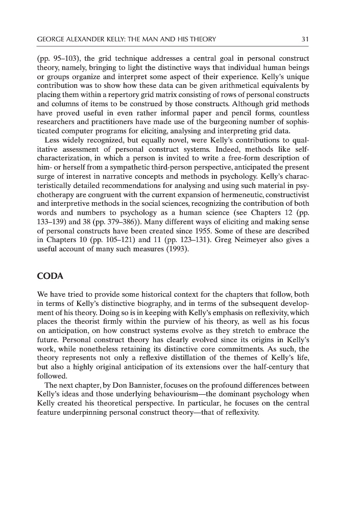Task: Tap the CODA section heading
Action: pos(51,277)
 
